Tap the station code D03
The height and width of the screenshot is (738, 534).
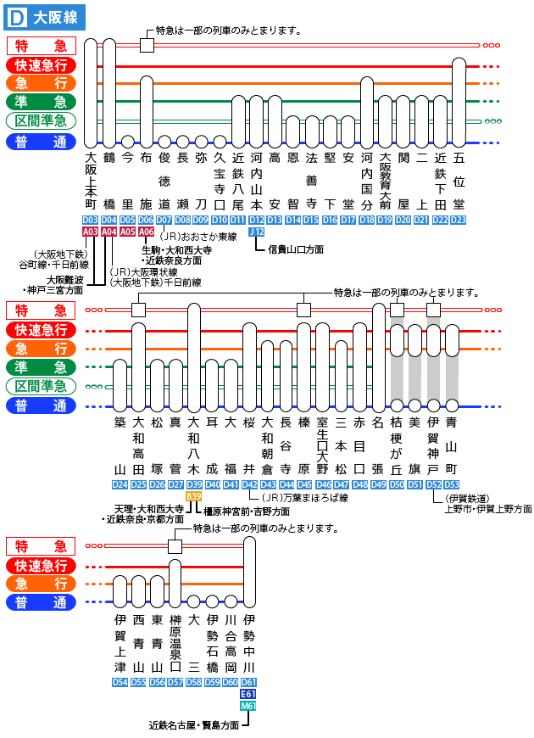91,220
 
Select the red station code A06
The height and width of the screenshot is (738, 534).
146,231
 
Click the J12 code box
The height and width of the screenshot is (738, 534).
257,231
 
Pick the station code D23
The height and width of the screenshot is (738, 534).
459,220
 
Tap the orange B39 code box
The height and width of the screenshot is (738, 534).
193,495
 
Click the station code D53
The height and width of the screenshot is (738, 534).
452,484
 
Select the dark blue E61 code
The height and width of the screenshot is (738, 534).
248,694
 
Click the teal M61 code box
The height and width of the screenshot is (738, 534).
248,705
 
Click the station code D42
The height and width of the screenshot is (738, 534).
249,484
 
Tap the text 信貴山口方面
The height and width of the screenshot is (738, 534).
296,249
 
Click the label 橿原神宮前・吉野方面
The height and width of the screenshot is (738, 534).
247,512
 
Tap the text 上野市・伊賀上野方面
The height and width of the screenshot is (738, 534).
488,509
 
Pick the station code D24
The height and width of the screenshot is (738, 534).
120,484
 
